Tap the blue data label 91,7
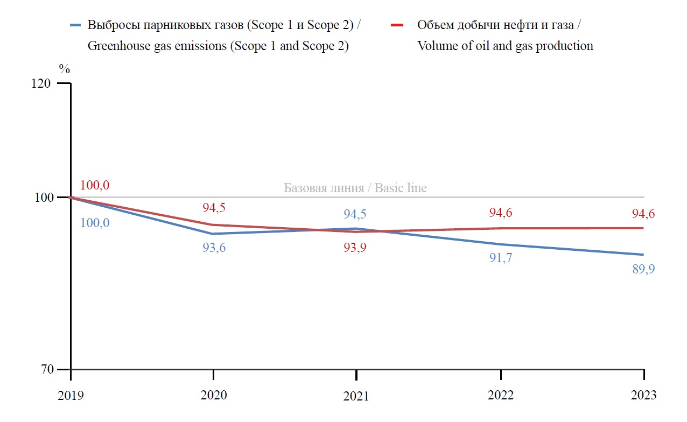[501, 258]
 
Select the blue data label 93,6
[214, 248]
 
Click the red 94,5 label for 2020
[213, 208]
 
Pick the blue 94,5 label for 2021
[355, 214]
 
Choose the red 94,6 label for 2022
[501, 213]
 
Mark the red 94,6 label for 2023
[643, 214]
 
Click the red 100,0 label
[95, 185]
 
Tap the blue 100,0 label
[95, 222]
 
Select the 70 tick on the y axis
[48, 370]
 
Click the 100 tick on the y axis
[44, 198]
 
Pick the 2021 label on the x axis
[356, 396]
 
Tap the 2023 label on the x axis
[644, 395]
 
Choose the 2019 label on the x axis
[71, 395]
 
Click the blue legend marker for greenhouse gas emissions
[76, 25]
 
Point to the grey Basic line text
[355, 188]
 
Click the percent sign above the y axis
[65, 69]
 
